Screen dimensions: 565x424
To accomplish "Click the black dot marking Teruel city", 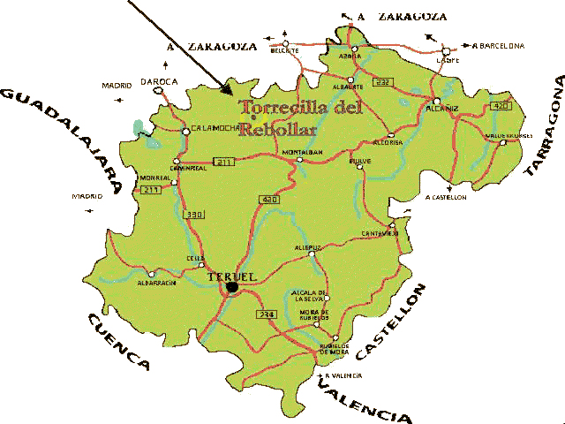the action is pyautogui.click(x=232, y=286).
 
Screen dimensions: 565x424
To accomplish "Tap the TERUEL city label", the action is pyautogui.click(x=230, y=276).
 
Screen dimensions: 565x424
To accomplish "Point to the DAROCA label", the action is pyautogui.click(x=159, y=81).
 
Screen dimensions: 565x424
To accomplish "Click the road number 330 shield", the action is pyautogui.click(x=194, y=215).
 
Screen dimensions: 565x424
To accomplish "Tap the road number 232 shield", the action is pyautogui.click(x=380, y=81).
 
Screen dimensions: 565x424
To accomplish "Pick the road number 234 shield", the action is pyautogui.click(x=266, y=315).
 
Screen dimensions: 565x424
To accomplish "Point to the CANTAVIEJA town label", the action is pyautogui.click(x=380, y=233).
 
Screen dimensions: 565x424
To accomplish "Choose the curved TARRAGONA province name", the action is pyautogui.click(x=544, y=128).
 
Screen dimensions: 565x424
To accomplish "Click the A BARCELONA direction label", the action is pyautogui.click(x=499, y=45).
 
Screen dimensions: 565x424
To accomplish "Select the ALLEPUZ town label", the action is pyautogui.click(x=308, y=249).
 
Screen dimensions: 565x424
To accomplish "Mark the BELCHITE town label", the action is pyautogui.click(x=285, y=50).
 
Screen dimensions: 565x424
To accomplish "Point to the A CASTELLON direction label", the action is pyautogui.click(x=446, y=197).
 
